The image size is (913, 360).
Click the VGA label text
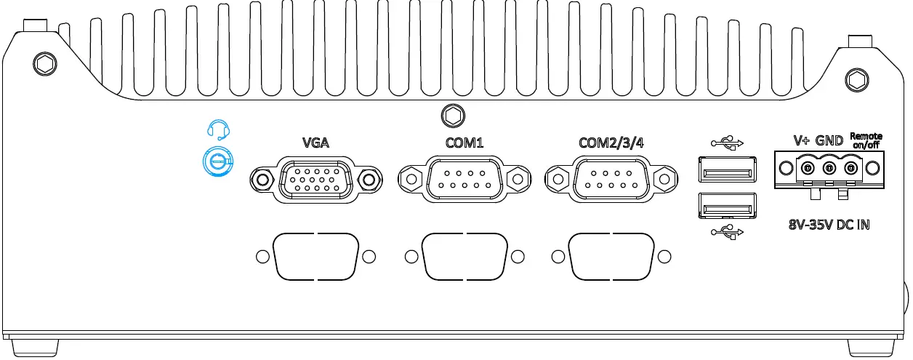pos(315,142)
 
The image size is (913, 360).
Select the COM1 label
pos(464,142)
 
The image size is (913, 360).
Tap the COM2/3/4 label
pos(611,142)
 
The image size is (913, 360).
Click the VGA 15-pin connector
pos(315,179)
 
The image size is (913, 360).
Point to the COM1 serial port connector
pos(464,179)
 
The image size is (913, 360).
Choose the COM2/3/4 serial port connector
pos(611,179)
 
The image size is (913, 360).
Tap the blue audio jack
pos(217,161)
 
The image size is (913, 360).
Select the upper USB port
pos(726,172)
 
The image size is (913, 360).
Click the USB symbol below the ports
pos(727,232)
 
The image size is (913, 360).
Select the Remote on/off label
pos(866,140)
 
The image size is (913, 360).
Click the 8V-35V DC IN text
pos(829,225)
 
